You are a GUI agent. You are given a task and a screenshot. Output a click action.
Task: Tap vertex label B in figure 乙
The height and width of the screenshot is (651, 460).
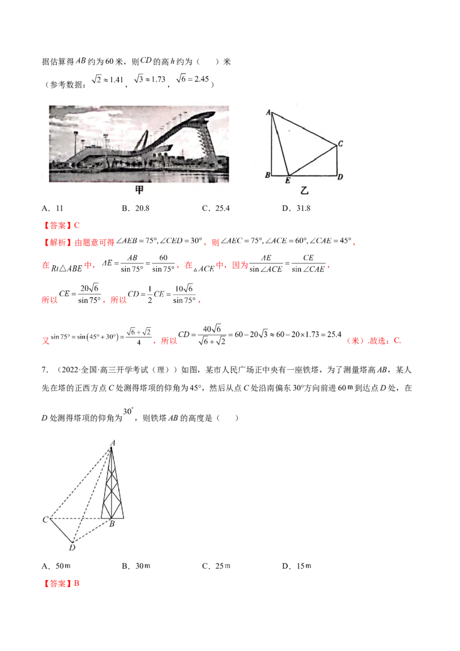click(x=267, y=175)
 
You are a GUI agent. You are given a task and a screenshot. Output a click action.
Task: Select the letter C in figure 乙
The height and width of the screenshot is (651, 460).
click(x=340, y=144)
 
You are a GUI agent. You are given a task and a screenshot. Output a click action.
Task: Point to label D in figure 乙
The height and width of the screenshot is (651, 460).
click(x=340, y=177)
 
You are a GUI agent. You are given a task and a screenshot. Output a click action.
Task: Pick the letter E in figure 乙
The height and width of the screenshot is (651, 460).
click(x=287, y=181)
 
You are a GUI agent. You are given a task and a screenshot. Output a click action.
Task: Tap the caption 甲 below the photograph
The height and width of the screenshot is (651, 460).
click(x=139, y=190)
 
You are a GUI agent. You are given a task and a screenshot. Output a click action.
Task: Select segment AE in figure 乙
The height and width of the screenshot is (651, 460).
click(x=280, y=144)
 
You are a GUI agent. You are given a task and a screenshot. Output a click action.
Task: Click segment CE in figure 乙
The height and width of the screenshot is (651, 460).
click(x=312, y=160)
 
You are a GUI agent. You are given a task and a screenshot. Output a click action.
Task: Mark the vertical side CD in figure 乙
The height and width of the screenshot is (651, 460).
click(x=337, y=160)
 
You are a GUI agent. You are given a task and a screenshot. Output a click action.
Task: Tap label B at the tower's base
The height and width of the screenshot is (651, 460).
click(x=112, y=524)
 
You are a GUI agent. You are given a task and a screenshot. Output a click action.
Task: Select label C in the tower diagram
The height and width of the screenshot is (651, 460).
click(x=45, y=520)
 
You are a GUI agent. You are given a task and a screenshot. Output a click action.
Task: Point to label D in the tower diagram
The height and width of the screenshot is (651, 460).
click(x=72, y=547)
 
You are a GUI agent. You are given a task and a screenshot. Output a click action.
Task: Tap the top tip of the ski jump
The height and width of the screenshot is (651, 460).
click(x=212, y=113)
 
